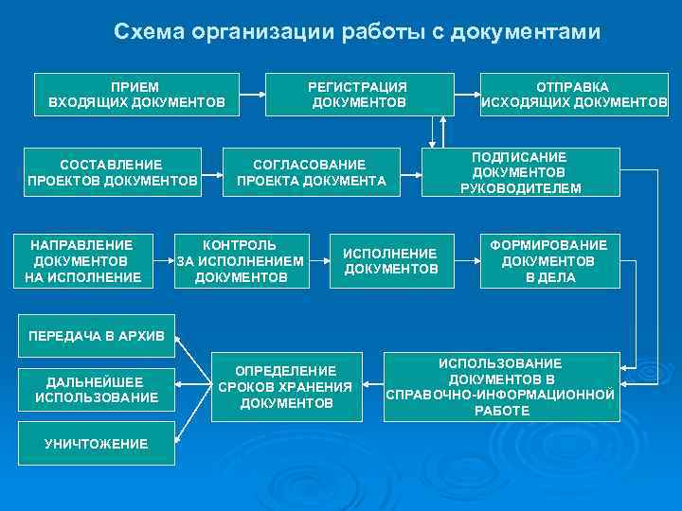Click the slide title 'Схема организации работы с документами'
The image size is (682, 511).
point(356,31)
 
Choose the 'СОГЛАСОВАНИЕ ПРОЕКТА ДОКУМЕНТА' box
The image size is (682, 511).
point(310,172)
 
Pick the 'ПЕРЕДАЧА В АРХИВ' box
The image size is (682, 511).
point(97,336)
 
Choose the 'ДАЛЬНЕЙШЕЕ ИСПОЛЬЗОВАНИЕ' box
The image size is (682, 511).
point(97,390)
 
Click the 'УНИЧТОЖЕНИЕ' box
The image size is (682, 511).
point(97,444)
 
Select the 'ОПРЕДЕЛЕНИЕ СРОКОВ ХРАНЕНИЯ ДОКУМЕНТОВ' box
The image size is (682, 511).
point(285,387)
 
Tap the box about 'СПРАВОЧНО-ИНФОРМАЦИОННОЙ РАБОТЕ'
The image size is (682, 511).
point(500,387)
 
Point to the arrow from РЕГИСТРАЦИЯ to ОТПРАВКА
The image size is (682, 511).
point(468,94)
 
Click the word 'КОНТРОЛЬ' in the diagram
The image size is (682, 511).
point(241,245)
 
